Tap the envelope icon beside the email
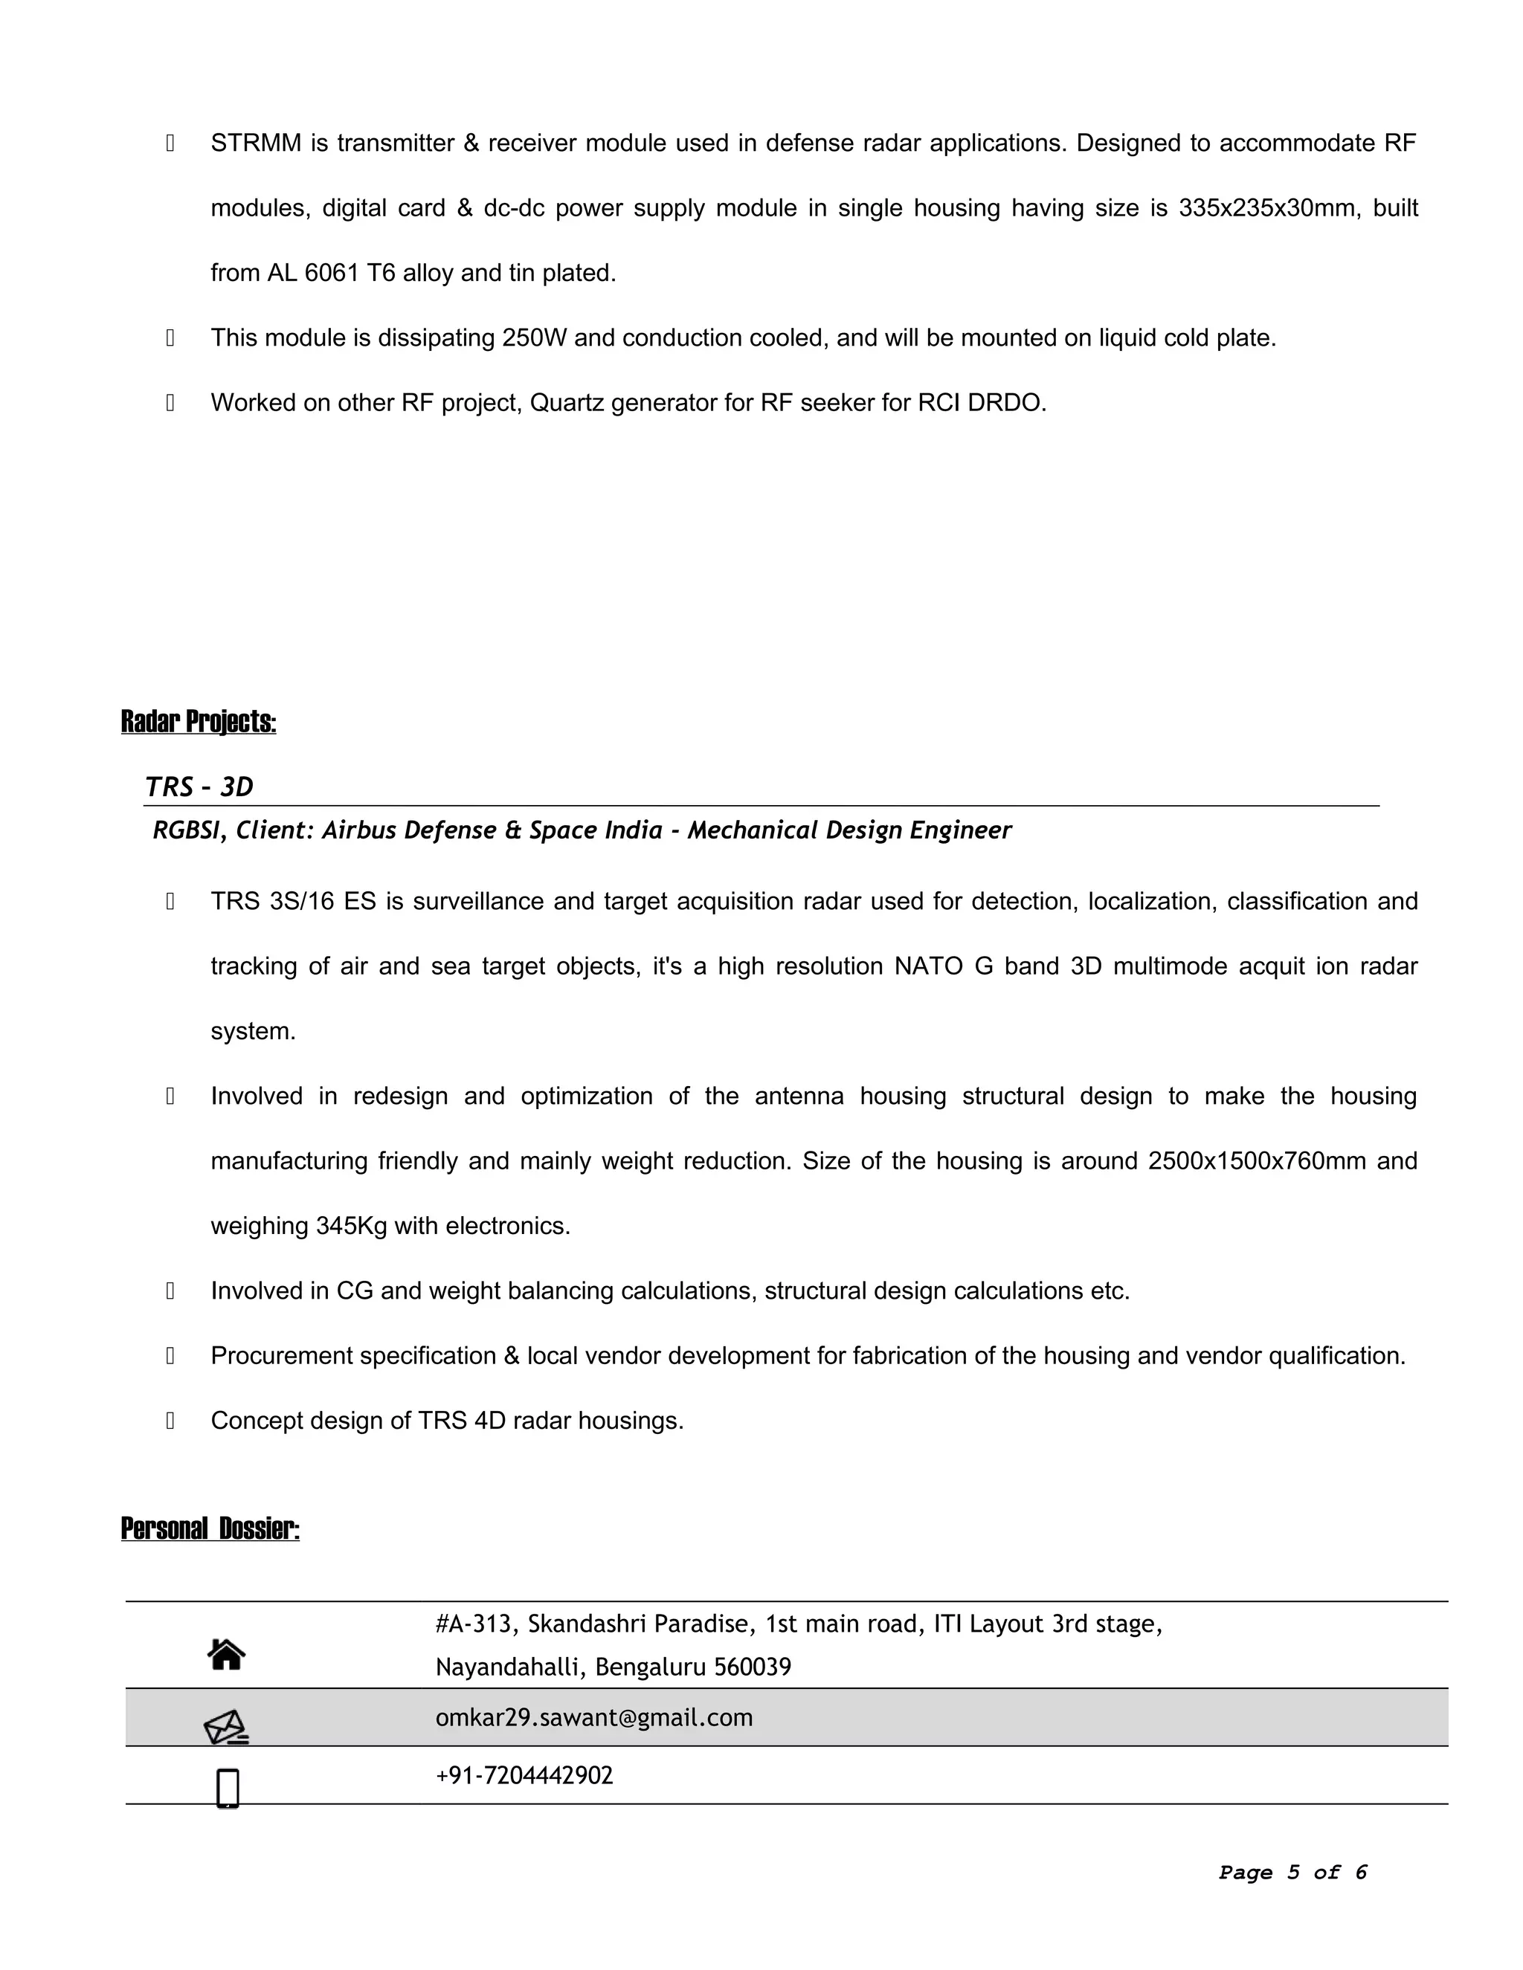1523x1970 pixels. (x=225, y=1728)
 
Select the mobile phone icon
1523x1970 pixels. (x=228, y=1788)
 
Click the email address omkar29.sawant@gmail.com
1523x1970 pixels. (x=593, y=1717)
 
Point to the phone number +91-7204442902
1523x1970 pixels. (x=524, y=1775)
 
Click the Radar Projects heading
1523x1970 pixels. (x=199, y=722)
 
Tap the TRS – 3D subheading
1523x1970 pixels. (x=199, y=787)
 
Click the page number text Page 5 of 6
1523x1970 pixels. (x=1292, y=1873)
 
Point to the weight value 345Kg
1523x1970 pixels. (x=352, y=1226)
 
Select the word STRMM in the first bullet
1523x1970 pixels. (x=257, y=143)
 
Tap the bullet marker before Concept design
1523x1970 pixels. (x=170, y=1421)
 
